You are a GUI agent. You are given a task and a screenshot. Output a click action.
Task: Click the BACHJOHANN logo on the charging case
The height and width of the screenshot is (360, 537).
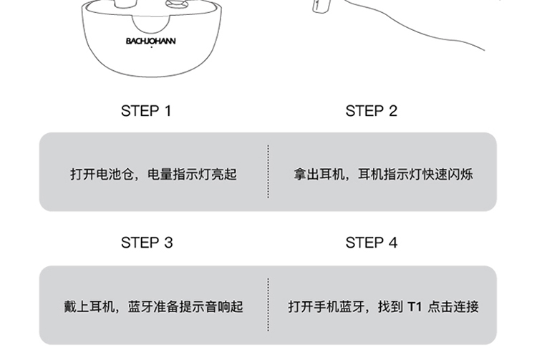tap(150, 42)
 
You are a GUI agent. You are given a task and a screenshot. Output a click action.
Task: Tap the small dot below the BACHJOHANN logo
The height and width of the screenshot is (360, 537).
tap(151, 48)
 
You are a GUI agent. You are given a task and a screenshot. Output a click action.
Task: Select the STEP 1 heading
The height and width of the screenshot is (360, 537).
tap(146, 111)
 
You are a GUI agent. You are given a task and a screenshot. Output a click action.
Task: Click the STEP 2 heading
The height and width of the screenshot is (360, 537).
tap(371, 111)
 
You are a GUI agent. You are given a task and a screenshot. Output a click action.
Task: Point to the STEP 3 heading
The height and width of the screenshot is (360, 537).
tap(146, 243)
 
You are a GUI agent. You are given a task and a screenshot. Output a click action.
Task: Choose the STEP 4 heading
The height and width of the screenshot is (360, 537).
tap(371, 243)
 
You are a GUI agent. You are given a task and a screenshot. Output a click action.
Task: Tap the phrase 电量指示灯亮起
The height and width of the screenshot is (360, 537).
tap(192, 174)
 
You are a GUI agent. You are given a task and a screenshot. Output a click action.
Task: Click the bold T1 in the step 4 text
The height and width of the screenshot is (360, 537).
tap(415, 307)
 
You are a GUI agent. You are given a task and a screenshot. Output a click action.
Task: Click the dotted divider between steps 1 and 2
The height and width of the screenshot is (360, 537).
tap(268, 172)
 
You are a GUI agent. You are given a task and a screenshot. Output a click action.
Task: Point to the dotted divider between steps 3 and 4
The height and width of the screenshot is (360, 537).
tap(268, 305)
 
